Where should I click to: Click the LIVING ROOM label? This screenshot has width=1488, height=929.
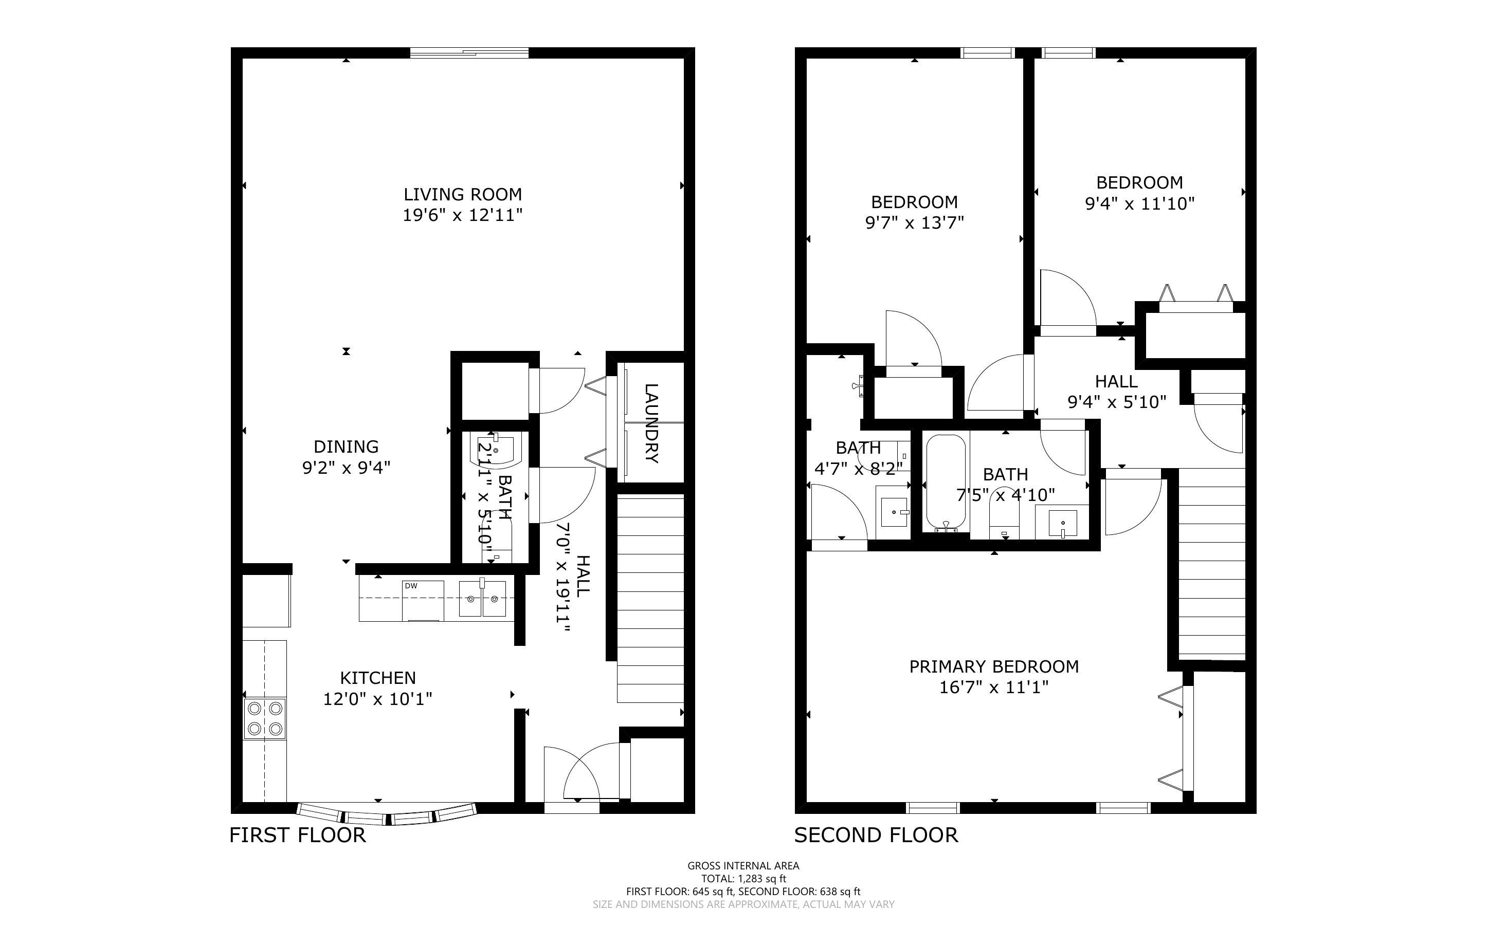(462, 195)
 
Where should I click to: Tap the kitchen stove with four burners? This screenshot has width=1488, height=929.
(265, 718)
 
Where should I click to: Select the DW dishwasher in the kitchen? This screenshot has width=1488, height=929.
(423, 600)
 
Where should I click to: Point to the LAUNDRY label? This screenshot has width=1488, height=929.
(651, 423)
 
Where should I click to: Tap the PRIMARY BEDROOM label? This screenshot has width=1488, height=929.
(994, 666)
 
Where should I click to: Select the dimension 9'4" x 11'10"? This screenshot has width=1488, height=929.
(1139, 203)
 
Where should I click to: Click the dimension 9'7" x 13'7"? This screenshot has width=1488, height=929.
(914, 222)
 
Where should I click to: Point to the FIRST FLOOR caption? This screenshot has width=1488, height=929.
(298, 835)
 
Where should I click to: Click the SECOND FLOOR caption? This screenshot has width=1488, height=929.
(876, 835)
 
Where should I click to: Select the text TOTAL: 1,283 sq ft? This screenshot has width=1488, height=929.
(743, 879)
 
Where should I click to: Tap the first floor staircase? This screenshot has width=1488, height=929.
(650, 599)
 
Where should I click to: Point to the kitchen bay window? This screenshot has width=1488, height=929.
(387, 812)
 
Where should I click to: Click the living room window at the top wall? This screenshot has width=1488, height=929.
(469, 53)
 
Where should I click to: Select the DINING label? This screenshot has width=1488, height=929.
(346, 447)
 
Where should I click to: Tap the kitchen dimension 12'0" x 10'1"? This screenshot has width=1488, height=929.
(378, 699)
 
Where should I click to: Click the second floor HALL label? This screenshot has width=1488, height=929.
(1116, 382)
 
